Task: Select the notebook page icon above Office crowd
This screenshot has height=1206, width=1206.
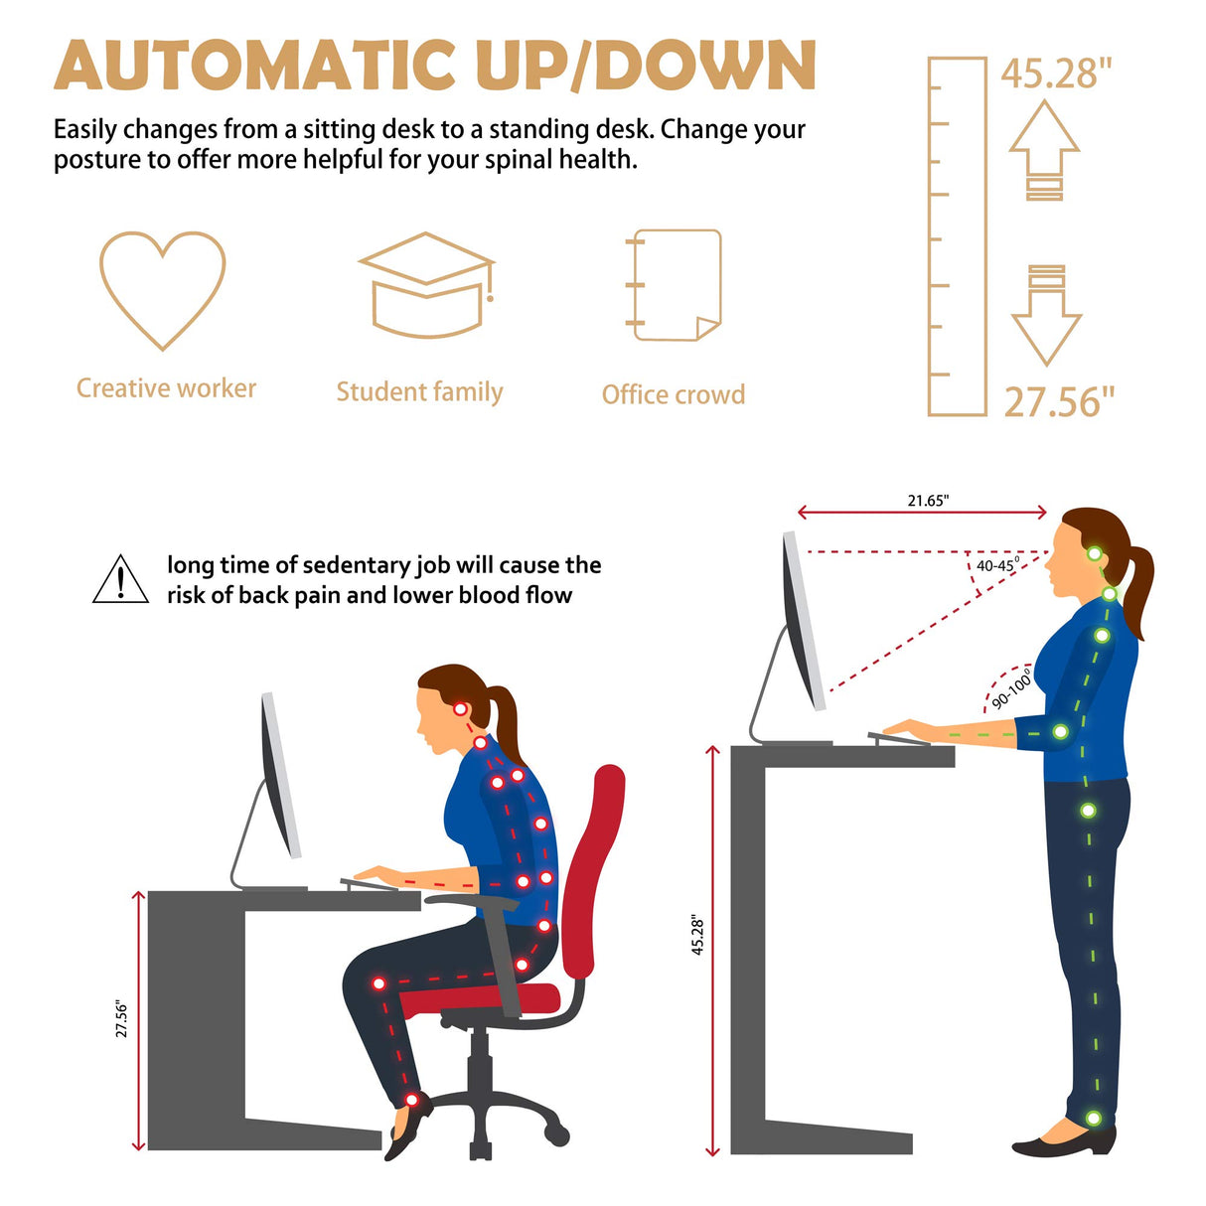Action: [x=676, y=285]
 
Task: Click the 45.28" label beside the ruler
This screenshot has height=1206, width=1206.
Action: [x=1055, y=74]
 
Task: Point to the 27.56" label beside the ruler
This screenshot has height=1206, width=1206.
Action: [x=1059, y=402]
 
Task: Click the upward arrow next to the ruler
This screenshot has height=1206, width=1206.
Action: [x=1044, y=149]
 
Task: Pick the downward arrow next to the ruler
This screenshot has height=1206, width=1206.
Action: [x=1046, y=315]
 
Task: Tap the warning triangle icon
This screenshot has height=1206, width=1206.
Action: [x=120, y=580]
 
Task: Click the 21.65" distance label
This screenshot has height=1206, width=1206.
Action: [x=928, y=501]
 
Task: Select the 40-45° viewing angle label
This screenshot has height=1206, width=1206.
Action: [x=996, y=565]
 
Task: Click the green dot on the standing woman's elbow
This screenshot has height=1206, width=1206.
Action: [x=1060, y=732]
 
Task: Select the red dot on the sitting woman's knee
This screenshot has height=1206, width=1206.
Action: [x=378, y=983]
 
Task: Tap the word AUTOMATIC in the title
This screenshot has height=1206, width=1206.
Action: [x=254, y=67]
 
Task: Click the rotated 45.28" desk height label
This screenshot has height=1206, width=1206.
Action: [x=697, y=936]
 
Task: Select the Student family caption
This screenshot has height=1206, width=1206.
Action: [x=419, y=392]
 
